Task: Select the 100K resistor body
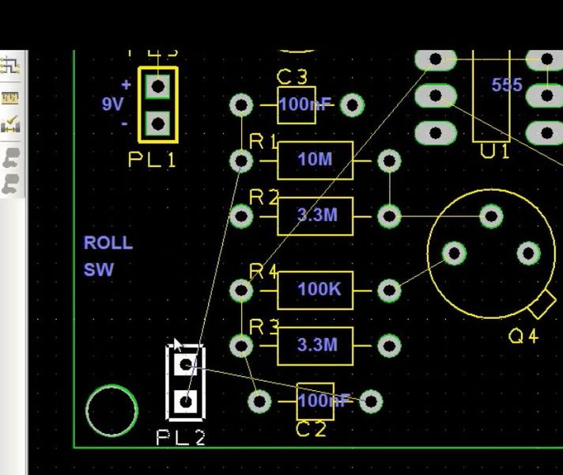coord(316,290)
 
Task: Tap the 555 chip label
coord(507,85)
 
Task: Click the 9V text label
coord(112,104)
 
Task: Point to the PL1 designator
coord(152,160)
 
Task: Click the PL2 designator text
coord(181,437)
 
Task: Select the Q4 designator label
coord(523,336)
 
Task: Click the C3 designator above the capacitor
coord(292,77)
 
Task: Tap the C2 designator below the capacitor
coord(311,430)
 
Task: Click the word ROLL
coord(108,243)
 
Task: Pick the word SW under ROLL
coord(99,270)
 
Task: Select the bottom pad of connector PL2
coord(186,401)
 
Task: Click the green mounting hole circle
coord(111,411)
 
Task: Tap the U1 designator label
coord(495,151)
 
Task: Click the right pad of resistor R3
coord(389,345)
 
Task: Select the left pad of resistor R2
coord(240,215)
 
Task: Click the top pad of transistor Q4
coord(492,215)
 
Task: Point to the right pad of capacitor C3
coord(352,104)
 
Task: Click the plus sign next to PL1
coord(126,85)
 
